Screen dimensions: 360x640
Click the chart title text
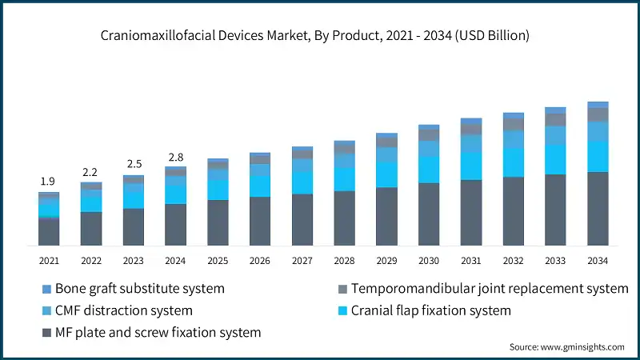[x=319, y=36]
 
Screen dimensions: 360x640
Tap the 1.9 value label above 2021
[x=49, y=182]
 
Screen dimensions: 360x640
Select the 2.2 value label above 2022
[x=91, y=172]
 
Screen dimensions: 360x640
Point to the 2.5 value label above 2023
[x=134, y=164]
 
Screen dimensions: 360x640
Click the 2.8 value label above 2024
[x=175, y=156]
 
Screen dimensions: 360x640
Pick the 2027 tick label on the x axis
[x=302, y=261]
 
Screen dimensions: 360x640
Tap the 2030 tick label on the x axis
[x=429, y=261]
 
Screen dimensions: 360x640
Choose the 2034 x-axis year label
[x=598, y=261]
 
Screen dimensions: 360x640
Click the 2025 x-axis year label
[x=218, y=261]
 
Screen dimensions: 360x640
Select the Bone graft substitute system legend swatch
[x=46, y=288]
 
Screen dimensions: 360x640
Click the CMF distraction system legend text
[x=124, y=310]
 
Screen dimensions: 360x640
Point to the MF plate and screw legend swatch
[x=46, y=331]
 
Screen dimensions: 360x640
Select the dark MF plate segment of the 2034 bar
[x=598, y=208]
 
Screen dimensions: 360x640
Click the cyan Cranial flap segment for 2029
[x=386, y=174]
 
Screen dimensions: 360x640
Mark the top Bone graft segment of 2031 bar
[x=471, y=121]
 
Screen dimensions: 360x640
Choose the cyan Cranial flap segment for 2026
[x=260, y=185]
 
